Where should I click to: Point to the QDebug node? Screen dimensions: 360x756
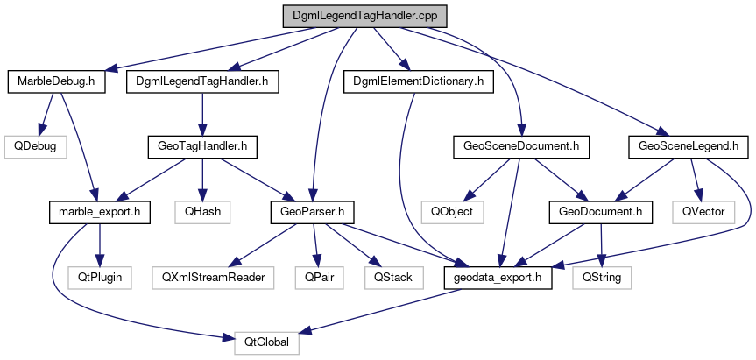[x=33, y=146]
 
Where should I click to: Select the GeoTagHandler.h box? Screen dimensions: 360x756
[x=201, y=146]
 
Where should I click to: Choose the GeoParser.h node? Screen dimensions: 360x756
[x=311, y=211]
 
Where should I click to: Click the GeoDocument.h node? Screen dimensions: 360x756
[x=600, y=211]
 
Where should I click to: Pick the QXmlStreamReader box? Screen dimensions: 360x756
[x=213, y=276]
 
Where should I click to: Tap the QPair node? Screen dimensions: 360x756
[x=315, y=276]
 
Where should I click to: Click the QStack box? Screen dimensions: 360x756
[x=392, y=276]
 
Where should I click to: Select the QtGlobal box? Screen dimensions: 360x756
[x=267, y=341]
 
